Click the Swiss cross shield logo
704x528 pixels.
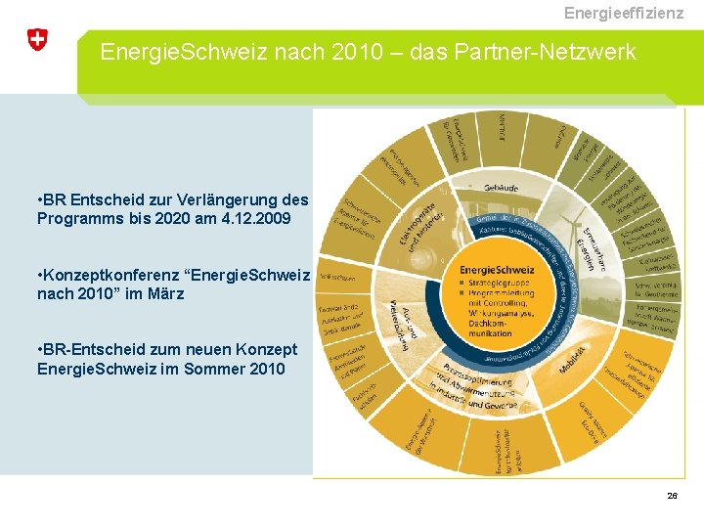click(37, 40)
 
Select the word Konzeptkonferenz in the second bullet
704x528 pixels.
click(107, 274)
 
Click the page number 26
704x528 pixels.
click(672, 497)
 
